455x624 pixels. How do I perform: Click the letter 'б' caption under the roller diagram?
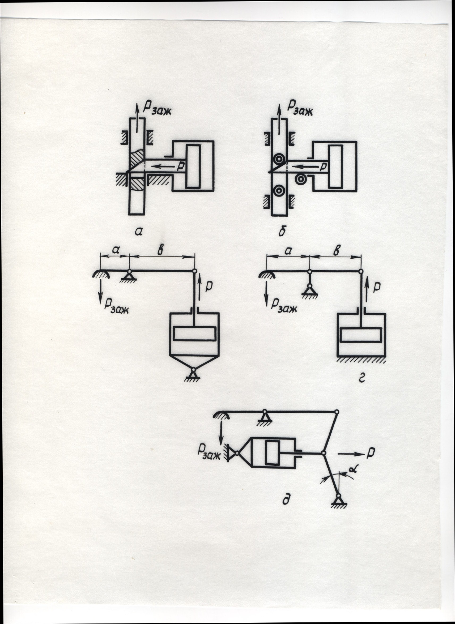click(282, 232)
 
